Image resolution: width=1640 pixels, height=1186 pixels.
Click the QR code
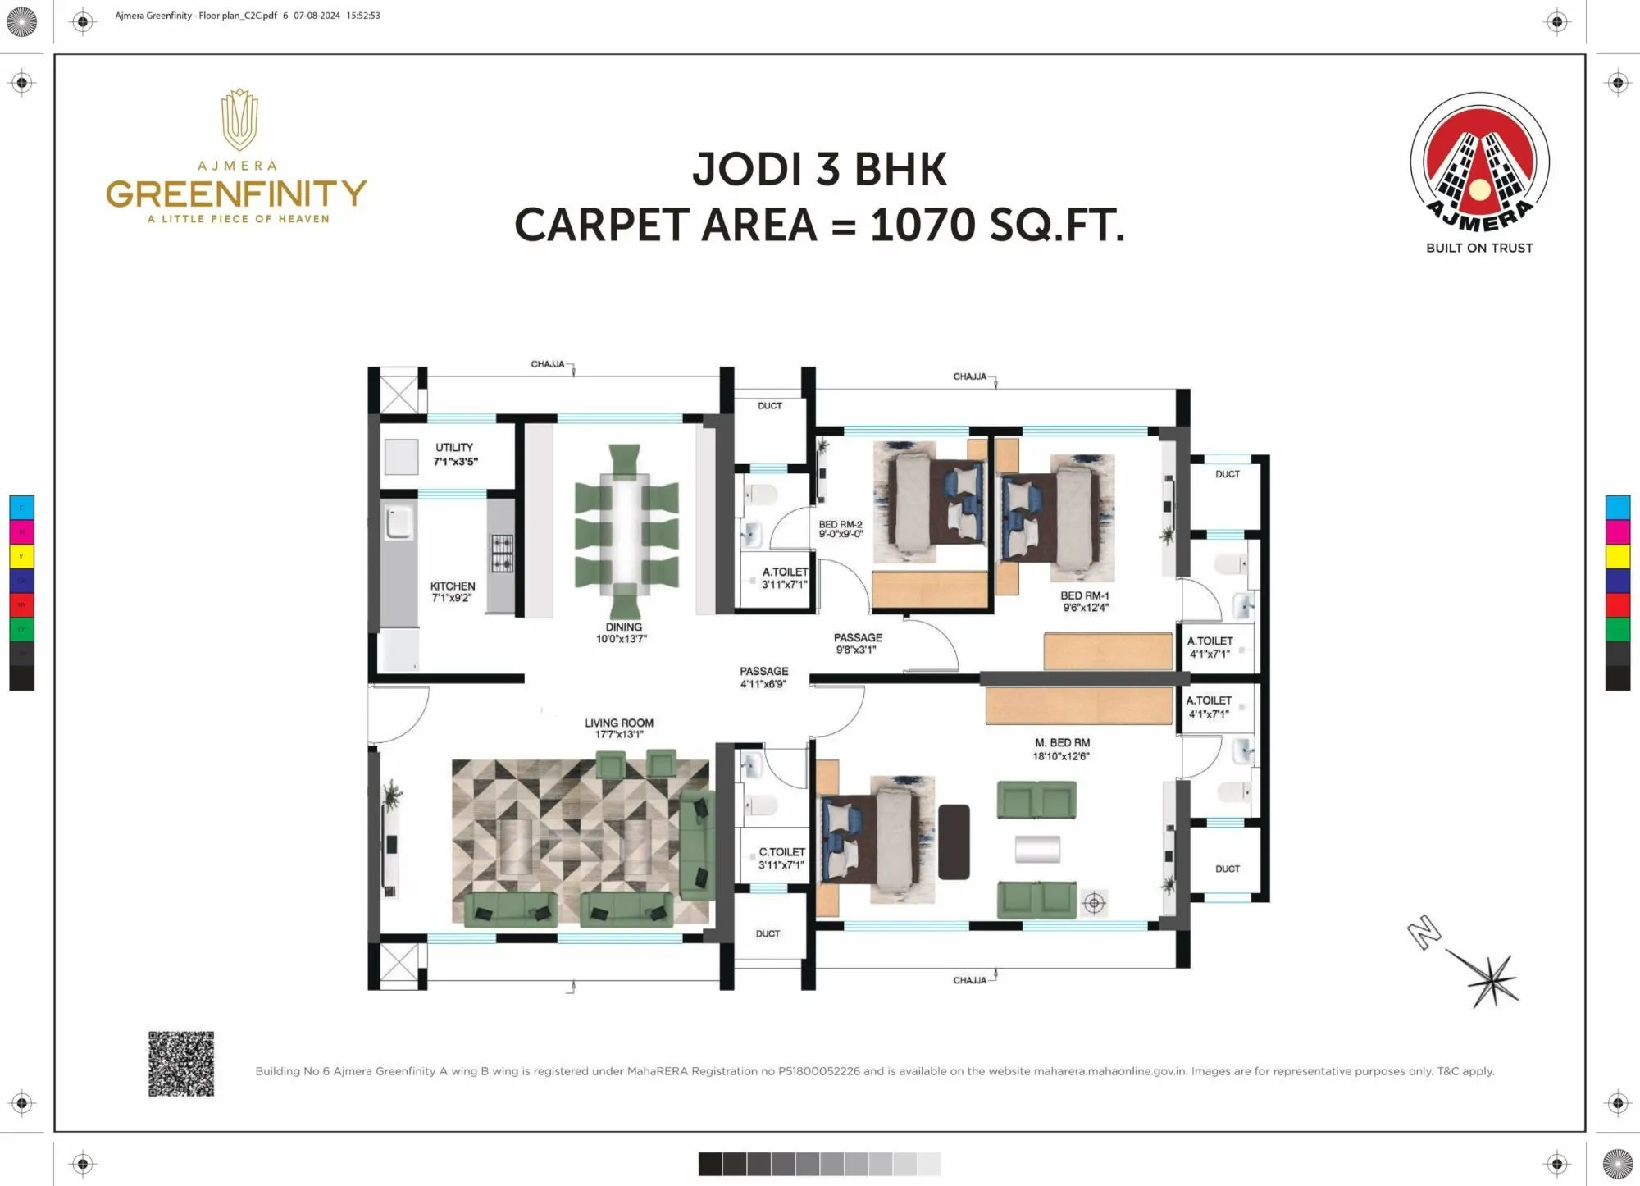[x=181, y=1064]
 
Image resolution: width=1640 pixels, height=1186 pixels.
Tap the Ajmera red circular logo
[x=1479, y=162]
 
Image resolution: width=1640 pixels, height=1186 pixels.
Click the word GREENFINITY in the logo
[x=236, y=194]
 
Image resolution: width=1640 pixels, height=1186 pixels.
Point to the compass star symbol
[x=1492, y=979]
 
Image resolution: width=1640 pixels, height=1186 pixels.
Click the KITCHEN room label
[x=453, y=586]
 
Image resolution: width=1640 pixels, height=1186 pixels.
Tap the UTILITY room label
[x=454, y=448]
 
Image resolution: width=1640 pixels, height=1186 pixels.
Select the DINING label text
[x=623, y=627]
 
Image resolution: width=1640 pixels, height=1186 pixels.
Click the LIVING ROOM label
[x=619, y=723]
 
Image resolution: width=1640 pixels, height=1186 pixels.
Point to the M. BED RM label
[x=1062, y=743]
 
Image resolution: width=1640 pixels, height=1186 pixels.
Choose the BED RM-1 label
[x=1084, y=596]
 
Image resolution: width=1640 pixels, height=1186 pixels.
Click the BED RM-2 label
[x=840, y=525]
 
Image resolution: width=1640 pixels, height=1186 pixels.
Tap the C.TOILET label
[x=781, y=852]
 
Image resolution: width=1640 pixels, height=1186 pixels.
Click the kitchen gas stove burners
[x=502, y=554]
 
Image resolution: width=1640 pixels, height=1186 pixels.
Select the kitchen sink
[x=399, y=522]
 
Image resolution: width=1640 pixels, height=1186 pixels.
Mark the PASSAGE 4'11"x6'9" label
[x=763, y=677]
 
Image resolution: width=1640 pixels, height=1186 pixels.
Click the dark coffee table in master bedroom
[x=954, y=842]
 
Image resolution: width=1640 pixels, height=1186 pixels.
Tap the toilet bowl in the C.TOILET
[x=761, y=805]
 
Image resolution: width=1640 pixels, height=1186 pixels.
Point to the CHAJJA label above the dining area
[x=548, y=364]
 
